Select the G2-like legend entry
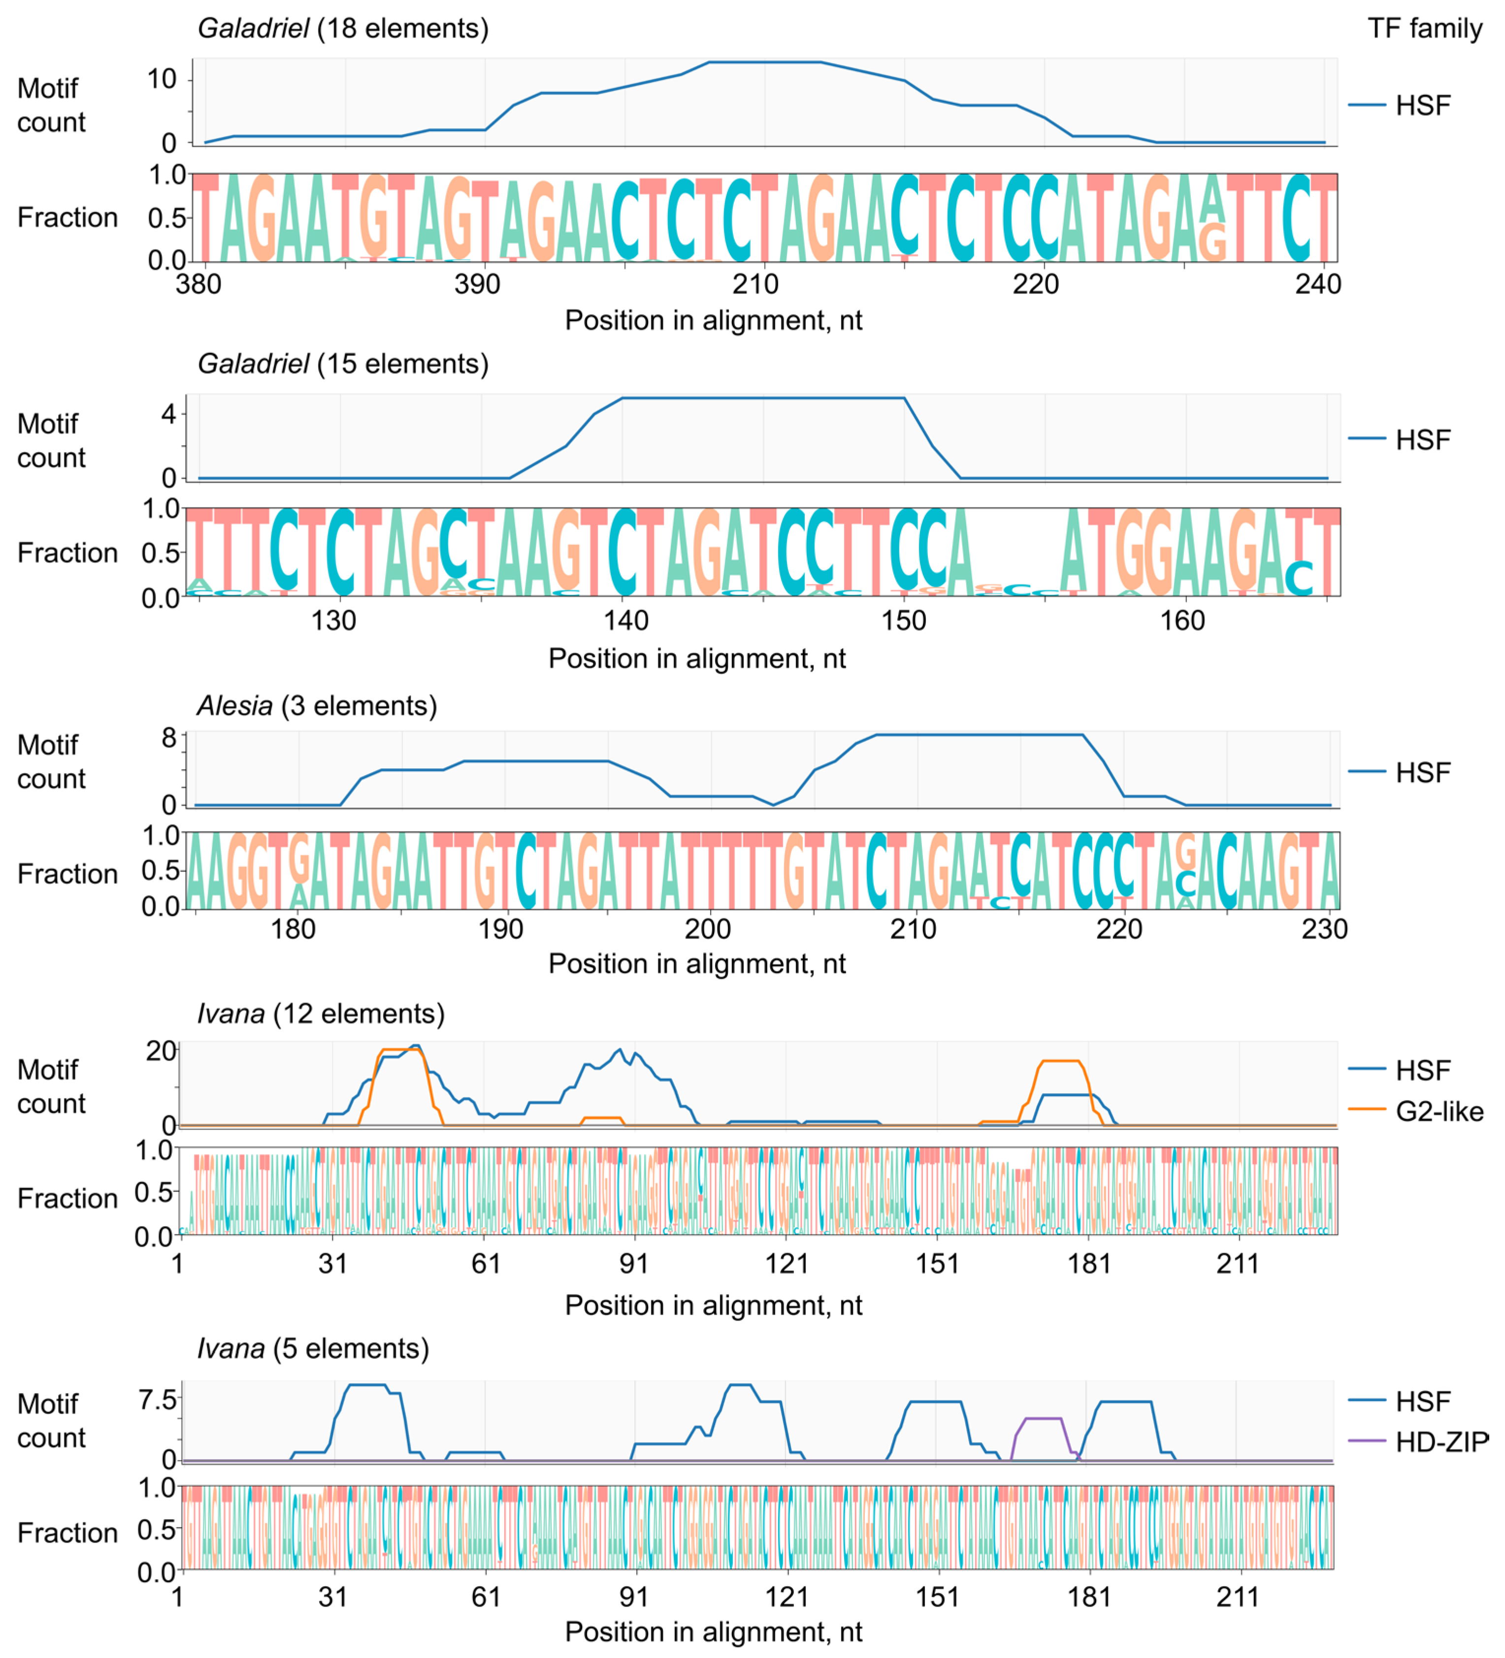coord(1439,1112)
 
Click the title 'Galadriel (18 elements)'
coord(343,29)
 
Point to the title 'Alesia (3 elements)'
coord(317,706)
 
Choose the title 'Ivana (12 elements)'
coord(321,1014)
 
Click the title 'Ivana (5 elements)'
coord(313,1349)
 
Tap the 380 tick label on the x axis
coord(199,285)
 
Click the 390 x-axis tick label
coord(478,285)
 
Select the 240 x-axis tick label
coord(1318,285)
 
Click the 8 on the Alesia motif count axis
coord(168,738)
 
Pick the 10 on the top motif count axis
coord(161,80)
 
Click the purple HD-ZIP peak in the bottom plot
coord(1042,1419)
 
